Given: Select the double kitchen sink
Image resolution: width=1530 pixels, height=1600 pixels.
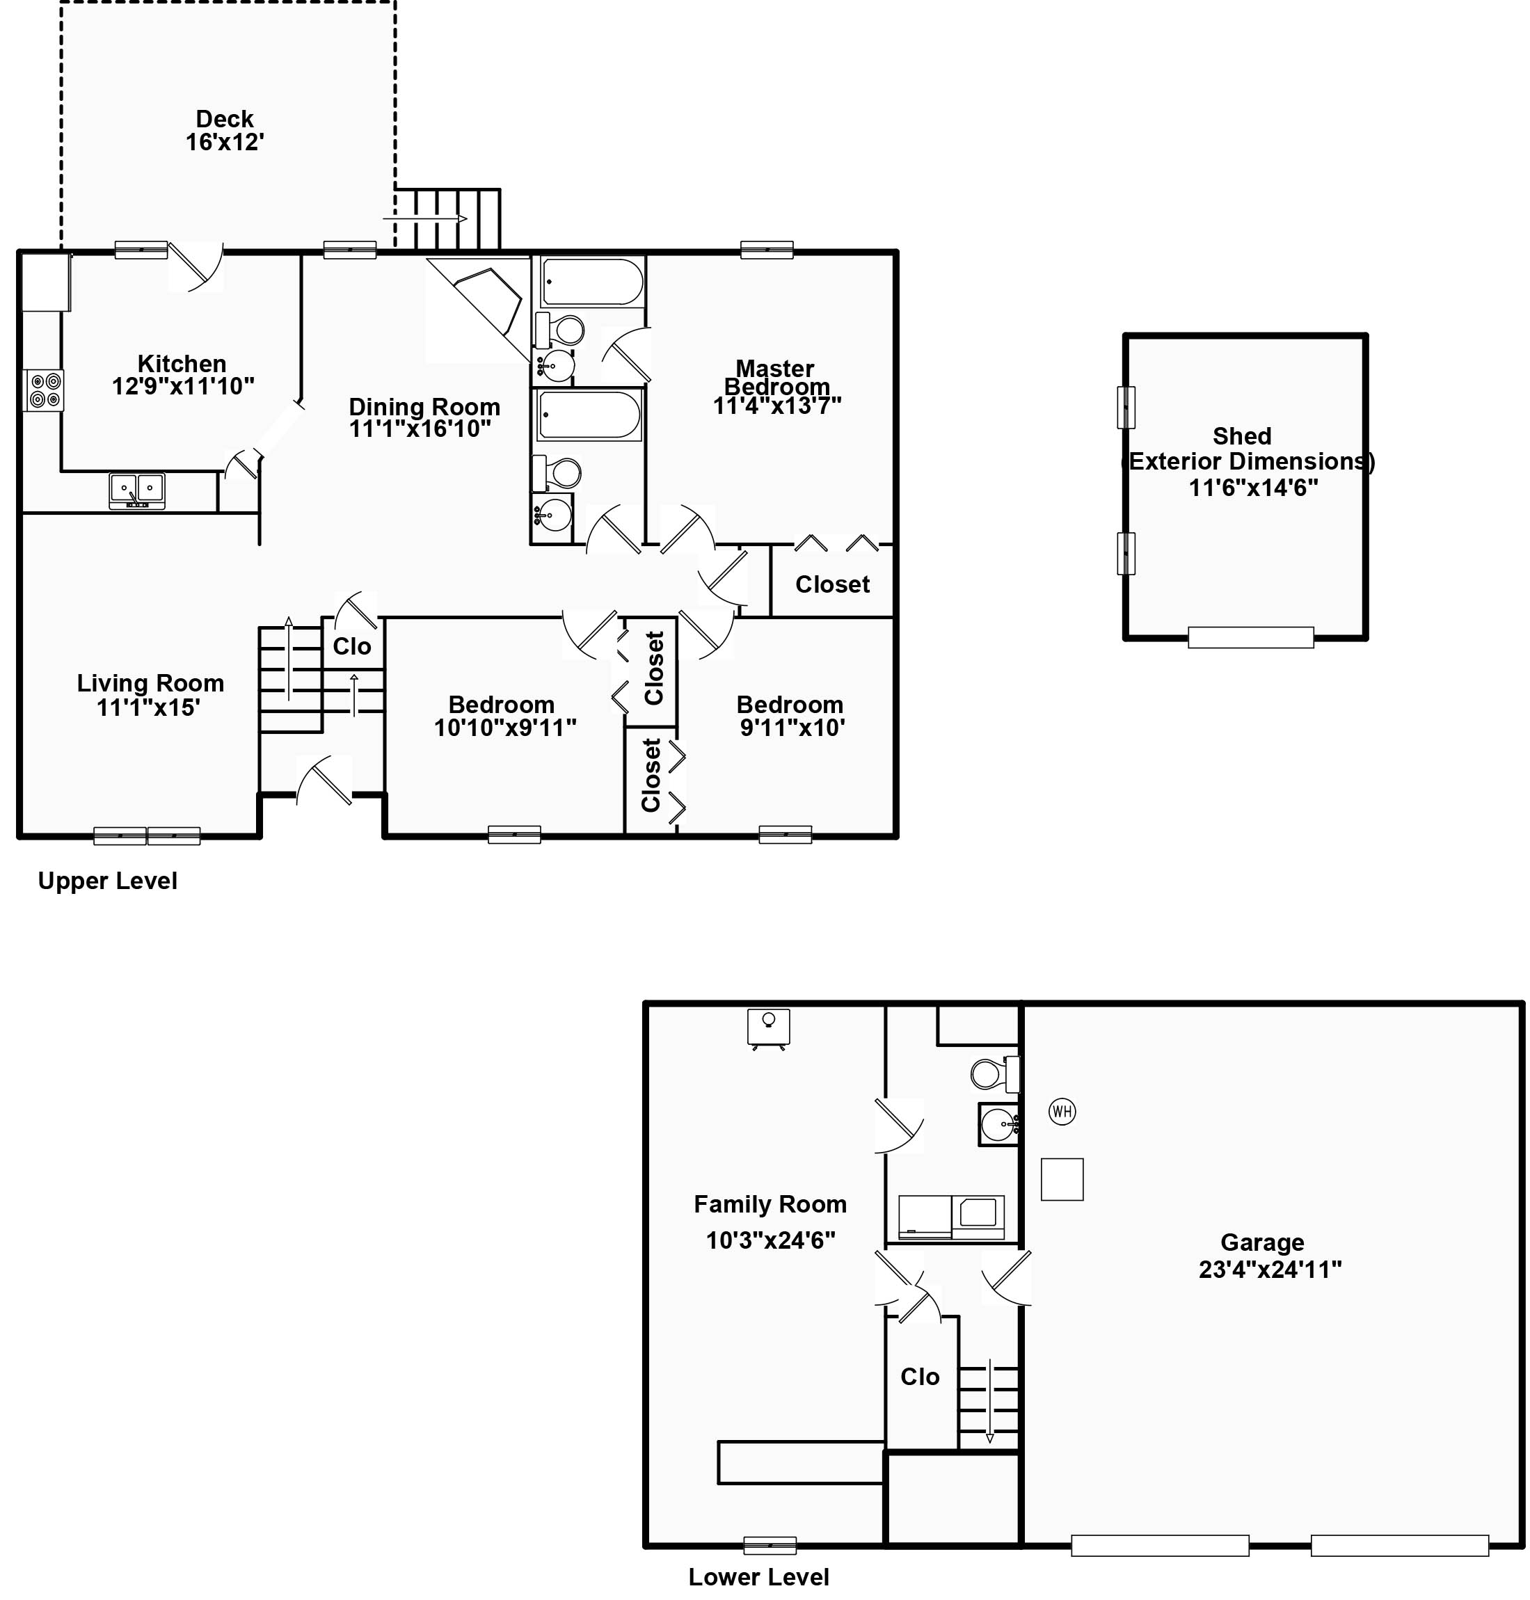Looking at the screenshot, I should pyautogui.click(x=137, y=490).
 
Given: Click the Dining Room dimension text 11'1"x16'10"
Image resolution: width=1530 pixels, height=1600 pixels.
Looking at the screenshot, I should pyautogui.click(x=420, y=429).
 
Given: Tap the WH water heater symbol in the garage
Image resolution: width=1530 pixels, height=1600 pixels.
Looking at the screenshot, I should pyautogui.click(x=1062, y=1112).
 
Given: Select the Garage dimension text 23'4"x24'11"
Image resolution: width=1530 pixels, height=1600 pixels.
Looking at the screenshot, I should pyautogui.click(x=1270, y=1270).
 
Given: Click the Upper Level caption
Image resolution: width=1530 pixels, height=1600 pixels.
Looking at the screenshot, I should pyautogui.click(x=108, y=881).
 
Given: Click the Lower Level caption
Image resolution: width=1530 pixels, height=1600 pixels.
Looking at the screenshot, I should pyautogui.click(x=758, y=1577).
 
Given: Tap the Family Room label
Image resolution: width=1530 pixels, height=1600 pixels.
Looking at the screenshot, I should pyautogui.click(x=770, y=1204).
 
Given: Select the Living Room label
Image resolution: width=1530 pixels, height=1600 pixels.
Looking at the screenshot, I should pyautogui.click(x=150, y=683).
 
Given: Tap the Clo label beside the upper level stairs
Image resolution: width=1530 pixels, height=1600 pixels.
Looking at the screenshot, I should pyautogui.click(x=351, y=647).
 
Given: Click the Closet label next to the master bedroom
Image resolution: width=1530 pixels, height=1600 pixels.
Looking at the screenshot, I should pyautogui.click(x=832, y=585).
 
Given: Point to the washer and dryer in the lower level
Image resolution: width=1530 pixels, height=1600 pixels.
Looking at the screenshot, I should pyautogui.click(x=951, y=1217).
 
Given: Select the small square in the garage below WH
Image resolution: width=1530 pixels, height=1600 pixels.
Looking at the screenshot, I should pyautogui.click(x=1062, y=1179).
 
